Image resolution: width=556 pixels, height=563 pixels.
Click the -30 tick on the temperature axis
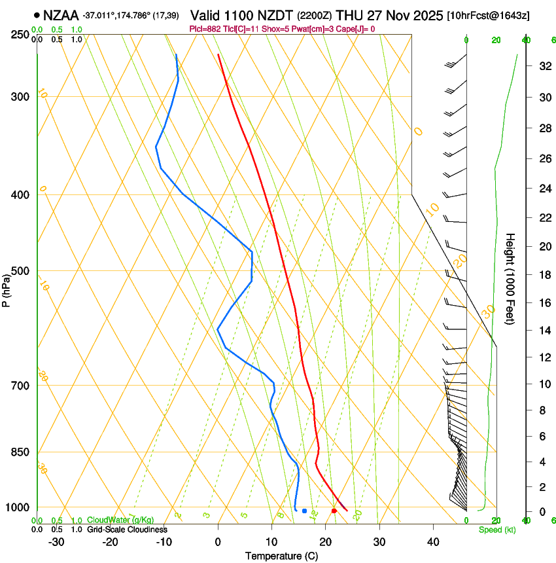click(56, 541)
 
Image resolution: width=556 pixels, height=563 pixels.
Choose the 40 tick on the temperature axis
click(433, 541)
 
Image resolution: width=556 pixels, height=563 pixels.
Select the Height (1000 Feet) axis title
click(511, 278)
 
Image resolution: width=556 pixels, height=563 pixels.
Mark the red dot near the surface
click(334, 511)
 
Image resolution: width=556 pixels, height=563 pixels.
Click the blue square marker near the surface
click(304, 511)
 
